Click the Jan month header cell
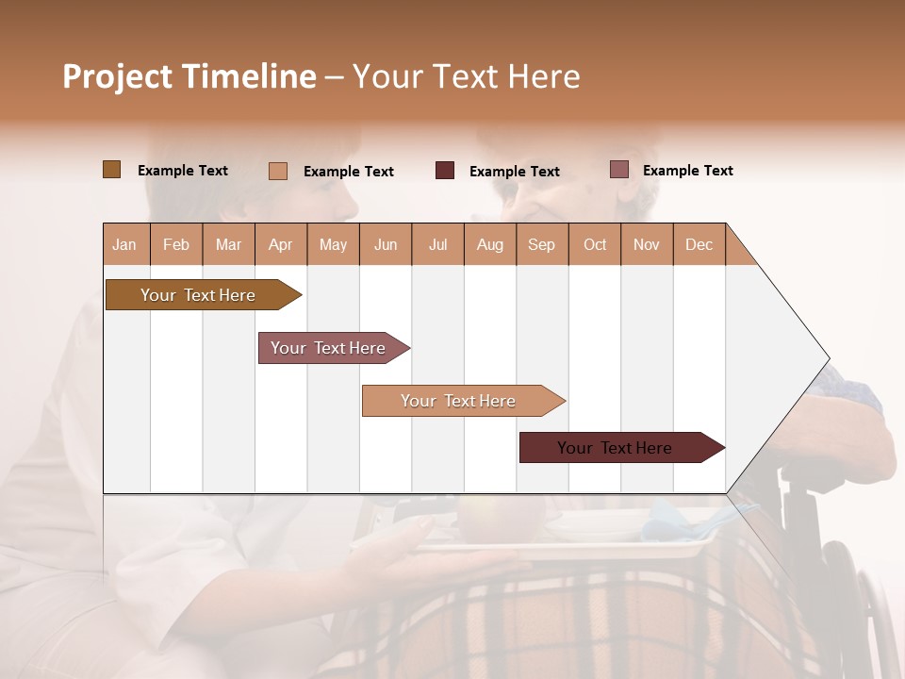point(125,244)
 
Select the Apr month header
point(281,244)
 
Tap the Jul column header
point(437,244)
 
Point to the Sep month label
point(541,244)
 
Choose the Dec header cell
point(699,244)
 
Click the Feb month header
point(176,244)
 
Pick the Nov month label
point(646,244)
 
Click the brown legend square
point(112,170)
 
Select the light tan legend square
point(278,171)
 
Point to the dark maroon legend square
point(445,171)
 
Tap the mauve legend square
point(618,170)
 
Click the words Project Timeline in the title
point(189,76)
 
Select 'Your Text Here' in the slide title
point(466,76)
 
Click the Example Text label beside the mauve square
point(687,171)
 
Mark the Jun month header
point(386,244)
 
